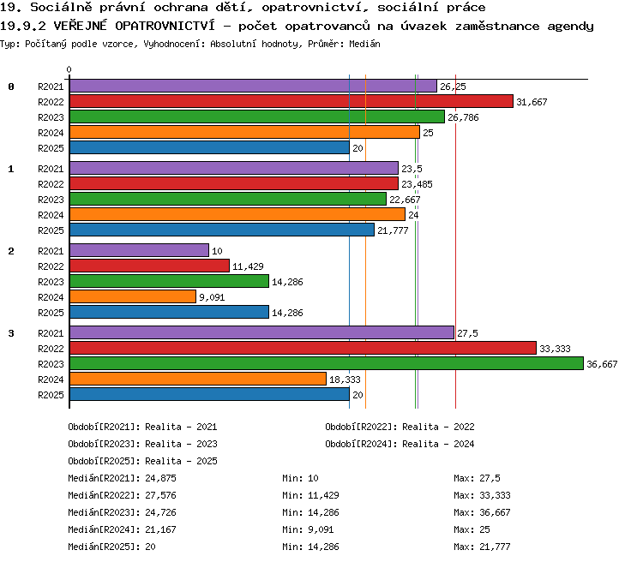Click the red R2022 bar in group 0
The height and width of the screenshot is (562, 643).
tap(291, 101)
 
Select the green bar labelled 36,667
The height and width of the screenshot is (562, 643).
tap(327, 363)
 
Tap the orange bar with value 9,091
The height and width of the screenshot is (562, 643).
tap(133, 296)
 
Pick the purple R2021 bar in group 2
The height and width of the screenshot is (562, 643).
tap(140, 250)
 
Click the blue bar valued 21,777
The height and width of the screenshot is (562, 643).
tap(222, 230)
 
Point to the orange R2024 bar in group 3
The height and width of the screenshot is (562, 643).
tap(198, 379)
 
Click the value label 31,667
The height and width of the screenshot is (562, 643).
tap(532, 102)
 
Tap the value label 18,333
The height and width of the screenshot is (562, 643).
tap(345, 380)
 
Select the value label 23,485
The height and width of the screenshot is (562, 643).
tap(417, 184)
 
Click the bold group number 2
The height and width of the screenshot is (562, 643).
tap(11, 251)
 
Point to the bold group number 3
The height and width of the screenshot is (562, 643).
tap(11, 333)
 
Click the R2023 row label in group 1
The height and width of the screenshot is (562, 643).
tap(51, 200)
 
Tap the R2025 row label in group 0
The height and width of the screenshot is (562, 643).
tap(51, 148)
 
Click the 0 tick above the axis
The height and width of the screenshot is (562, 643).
tap(69, 69)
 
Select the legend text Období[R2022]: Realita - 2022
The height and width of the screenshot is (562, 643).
tap(400, 427)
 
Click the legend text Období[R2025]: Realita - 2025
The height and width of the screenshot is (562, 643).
tap(142, 461)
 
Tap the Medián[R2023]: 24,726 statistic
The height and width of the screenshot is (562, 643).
tap(123, 512)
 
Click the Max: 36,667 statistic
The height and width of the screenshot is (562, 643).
tap(482, 512)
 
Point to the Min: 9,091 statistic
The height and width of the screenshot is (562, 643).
tap(308, 529)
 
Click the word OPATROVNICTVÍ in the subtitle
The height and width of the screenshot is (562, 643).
tap(165, 26)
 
